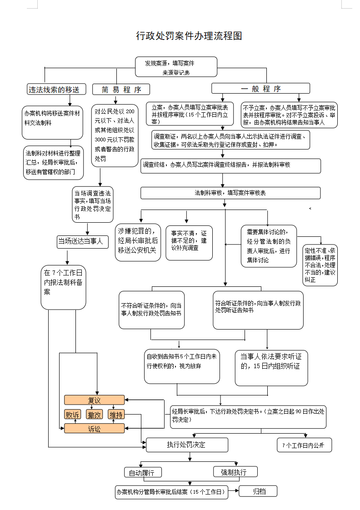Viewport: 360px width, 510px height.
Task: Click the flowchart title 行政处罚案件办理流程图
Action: coord(189,36)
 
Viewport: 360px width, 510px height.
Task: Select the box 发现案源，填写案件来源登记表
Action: coord(176,67)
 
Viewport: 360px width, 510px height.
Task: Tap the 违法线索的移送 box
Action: coord(56,90)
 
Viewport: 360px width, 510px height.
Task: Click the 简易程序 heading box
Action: coord(121,90)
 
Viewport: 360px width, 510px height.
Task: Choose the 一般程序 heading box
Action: coord(260,89)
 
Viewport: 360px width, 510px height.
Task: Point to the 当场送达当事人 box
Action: coord(83,242)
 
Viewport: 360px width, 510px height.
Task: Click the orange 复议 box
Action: coord(94,400)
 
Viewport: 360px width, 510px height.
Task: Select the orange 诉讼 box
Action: coord(94,429)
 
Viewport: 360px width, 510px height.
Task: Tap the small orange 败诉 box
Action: coord(73,415)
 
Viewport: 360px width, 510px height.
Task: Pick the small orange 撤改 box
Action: coord(94,415)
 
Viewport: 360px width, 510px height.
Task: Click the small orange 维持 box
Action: coord(116,415)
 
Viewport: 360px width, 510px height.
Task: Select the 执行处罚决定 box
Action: coord(187,445)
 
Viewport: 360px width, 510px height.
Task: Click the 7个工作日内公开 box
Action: coord(305,445)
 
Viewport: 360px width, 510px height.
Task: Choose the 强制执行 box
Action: coord(235,472)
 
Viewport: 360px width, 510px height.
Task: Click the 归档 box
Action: coord(258,491)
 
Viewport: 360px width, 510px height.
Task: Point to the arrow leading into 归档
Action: coord(234,491)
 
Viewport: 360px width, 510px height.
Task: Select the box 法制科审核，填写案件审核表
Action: coord(230,193)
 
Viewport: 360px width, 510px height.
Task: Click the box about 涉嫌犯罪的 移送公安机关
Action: coord(138,242)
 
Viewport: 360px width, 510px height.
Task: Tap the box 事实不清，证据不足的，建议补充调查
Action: coord(189,243)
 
